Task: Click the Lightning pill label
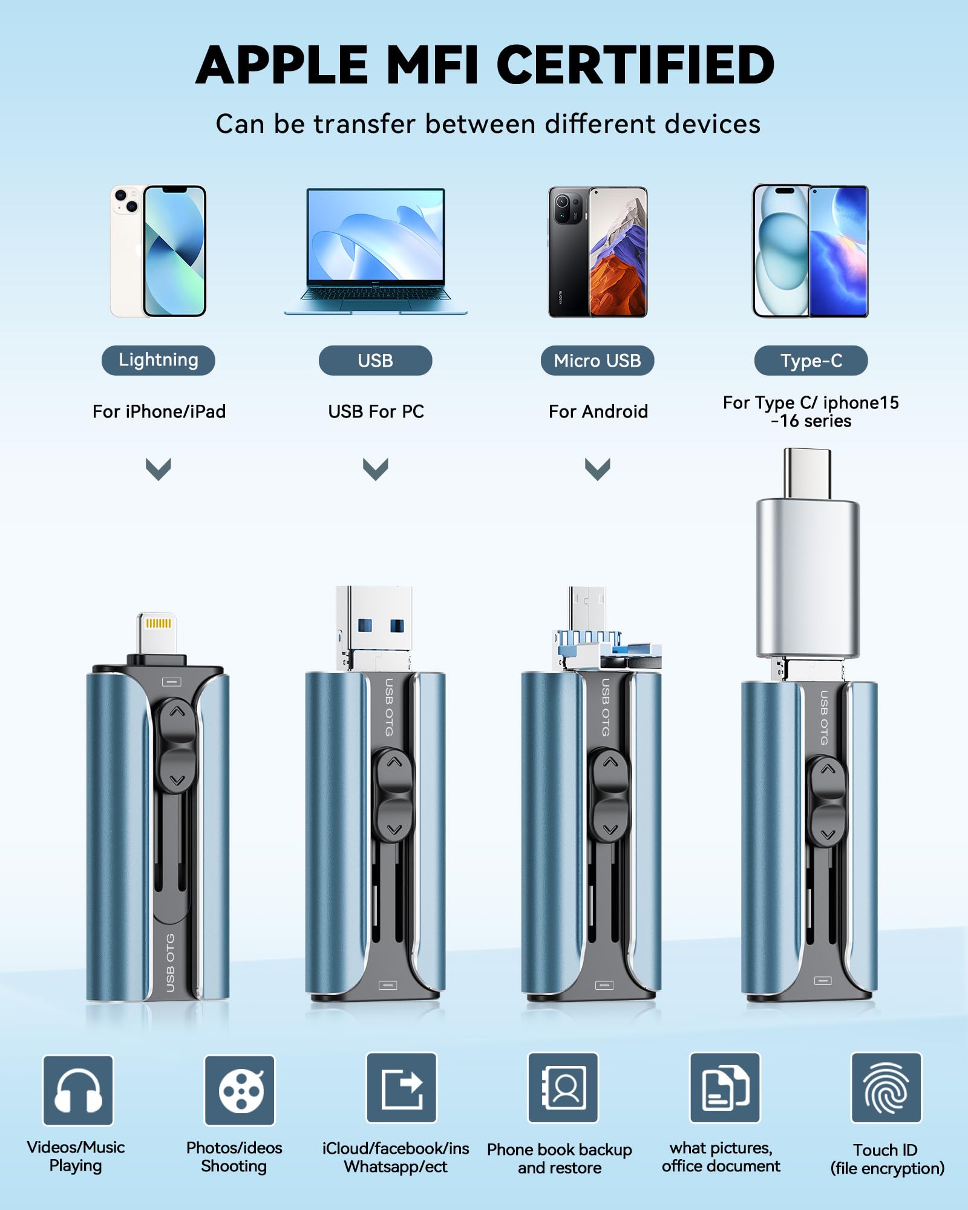click(158, 361)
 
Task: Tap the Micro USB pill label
click(597, 361)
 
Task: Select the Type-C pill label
click(811, 361)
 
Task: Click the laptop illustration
click(376, 251)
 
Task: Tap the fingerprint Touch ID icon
click(886, 1088)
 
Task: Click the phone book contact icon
click(563, 1088)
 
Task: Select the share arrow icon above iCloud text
click(402, 1088)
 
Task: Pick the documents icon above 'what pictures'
click(725, 1088)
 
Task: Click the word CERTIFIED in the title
click(639, 65)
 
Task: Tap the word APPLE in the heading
click(282, 65)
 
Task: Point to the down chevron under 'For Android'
click(598, 469)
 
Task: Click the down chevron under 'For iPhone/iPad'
click(159, 469)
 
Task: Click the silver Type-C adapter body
click(808, 578)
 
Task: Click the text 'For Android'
click(598, 411)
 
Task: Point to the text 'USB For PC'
click(376, 411)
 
